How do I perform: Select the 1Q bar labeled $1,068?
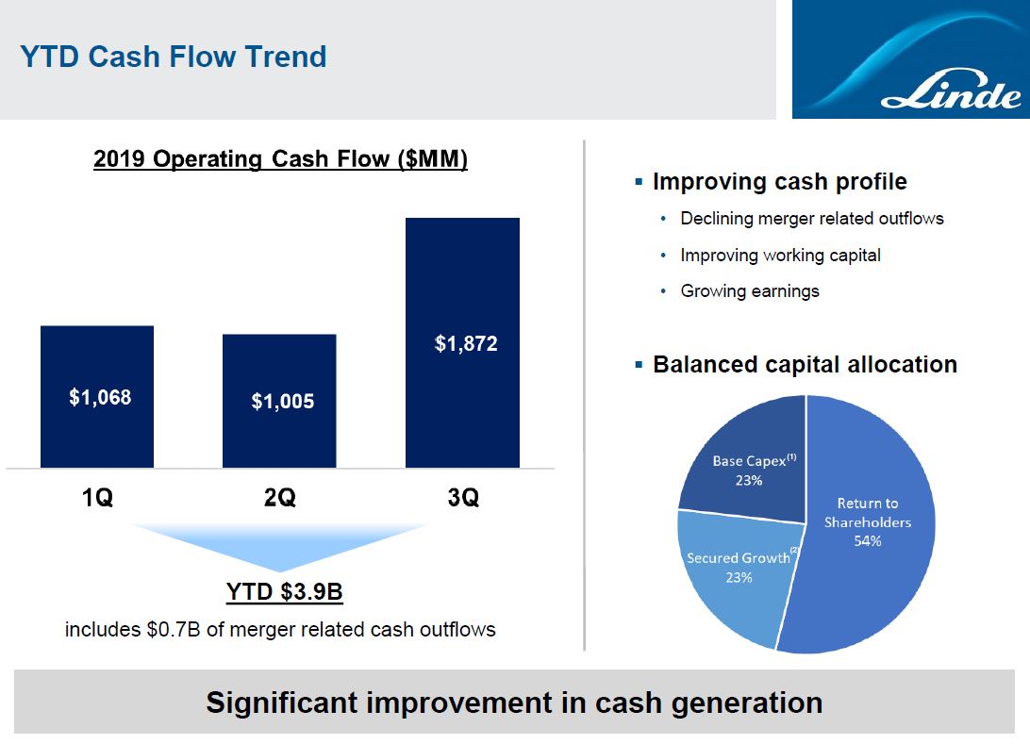[97, 397]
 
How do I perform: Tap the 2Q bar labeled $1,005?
[279, 401]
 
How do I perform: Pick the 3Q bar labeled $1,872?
[462, 343]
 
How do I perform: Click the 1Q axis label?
[97, 497]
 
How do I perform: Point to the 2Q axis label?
[280, 497]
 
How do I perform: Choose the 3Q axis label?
[463, 497]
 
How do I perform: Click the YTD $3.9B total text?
[285, 591]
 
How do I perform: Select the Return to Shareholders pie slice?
[867, 525]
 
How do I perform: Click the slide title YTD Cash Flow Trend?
[174, 57]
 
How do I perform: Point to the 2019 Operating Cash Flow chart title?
[280, 159]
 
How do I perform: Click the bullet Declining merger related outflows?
[812, 218]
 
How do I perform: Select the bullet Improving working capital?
[780, 255]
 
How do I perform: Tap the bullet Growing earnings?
[750, 290]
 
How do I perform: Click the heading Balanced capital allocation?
[805, 364]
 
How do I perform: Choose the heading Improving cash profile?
[780, 181]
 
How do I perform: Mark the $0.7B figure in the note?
[174, 629]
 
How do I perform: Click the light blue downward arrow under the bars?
[279, 546]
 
